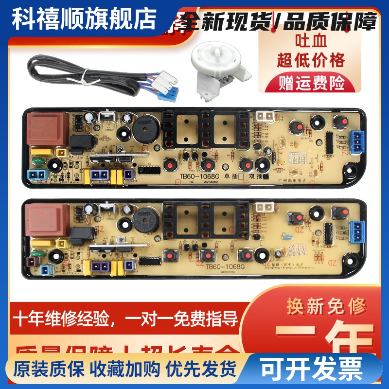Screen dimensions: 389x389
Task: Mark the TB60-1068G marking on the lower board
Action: coord(224,266)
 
